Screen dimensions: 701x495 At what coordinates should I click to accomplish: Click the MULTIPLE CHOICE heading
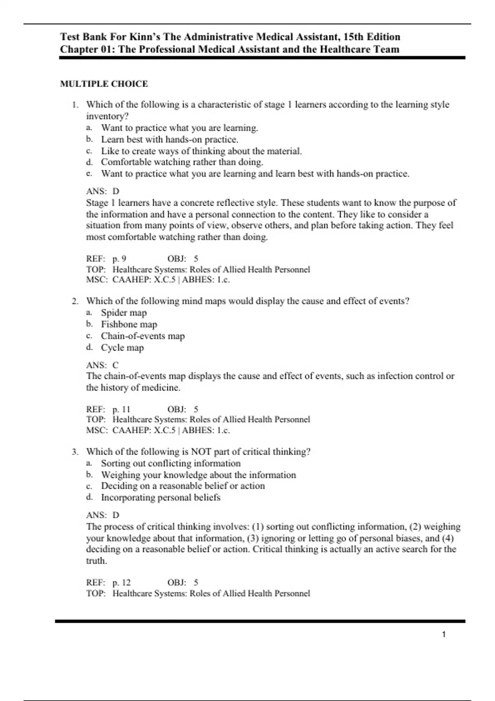click(x=104, y=84)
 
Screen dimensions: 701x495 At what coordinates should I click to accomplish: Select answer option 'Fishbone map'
click(x=129, y=324)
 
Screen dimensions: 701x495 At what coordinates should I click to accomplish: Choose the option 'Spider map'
click(x=124, y=313)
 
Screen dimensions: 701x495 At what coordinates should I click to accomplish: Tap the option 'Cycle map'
click(x=123, y=348)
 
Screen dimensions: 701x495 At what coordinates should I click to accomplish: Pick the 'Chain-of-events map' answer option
click(x=143, y=336)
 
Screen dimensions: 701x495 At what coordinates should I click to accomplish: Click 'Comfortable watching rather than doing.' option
click(x=182, y=162)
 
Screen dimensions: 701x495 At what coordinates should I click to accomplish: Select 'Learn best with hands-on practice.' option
click(x=170, y=139)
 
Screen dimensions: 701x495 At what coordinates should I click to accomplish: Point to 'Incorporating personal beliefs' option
click(x=160, y=497)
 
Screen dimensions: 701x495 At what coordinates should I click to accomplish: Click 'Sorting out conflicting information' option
click(x=171, y=463)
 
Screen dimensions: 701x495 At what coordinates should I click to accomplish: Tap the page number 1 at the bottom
click(x=444, y=634)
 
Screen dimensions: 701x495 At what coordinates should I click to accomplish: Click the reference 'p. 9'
click(x=119, y=259)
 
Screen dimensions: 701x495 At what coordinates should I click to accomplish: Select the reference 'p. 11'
click(x=121, y=409)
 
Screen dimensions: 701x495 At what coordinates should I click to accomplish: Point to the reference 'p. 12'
click(x=121, y=582)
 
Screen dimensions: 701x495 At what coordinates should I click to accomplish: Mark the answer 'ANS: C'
click(x=102, y=365)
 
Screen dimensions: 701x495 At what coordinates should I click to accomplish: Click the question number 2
click(x=75, y=301)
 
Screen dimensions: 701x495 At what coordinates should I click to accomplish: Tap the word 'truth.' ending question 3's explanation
click(x=97, y=561)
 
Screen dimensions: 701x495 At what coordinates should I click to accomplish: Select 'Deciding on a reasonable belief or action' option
click(x=183, y=486)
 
